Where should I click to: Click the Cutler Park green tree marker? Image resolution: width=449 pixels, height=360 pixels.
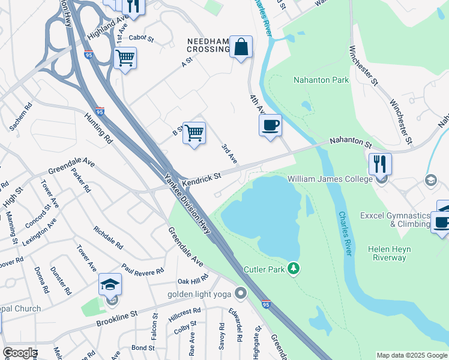pos(294,268)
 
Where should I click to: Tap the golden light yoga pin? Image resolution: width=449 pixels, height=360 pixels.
pos(241,293)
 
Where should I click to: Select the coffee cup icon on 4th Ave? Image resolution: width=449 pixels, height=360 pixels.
pos(270,126)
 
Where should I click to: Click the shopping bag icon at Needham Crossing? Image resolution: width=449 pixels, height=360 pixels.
pos(241,47)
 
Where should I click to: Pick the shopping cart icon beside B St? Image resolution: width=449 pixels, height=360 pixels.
pos(194,133)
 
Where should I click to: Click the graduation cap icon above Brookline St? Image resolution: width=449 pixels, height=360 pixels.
pos(110,284)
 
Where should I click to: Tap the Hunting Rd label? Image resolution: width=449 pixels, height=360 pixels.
pos(98,128)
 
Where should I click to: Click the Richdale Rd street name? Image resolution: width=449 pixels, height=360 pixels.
pos(109,238)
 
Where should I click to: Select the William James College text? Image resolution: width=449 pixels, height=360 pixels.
pos(331,179)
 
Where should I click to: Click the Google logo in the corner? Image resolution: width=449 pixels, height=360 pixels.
pos(20,353)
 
